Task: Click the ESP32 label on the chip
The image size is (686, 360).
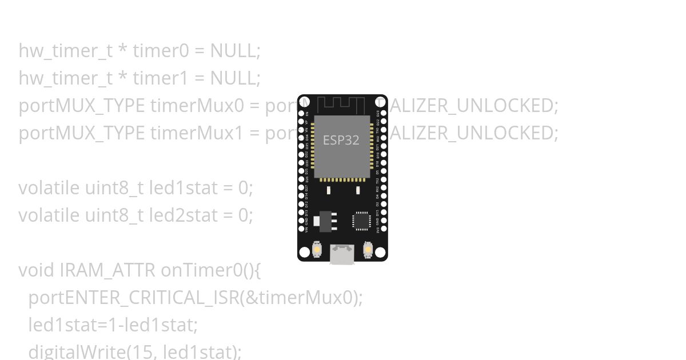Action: [x=341, y=140]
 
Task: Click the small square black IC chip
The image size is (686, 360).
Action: [x=361, y=221]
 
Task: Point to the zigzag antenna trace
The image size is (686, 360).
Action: [x=341, y=105]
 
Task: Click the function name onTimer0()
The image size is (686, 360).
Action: [x=210, y=270]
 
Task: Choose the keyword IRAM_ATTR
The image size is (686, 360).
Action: [x=109, y=270]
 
